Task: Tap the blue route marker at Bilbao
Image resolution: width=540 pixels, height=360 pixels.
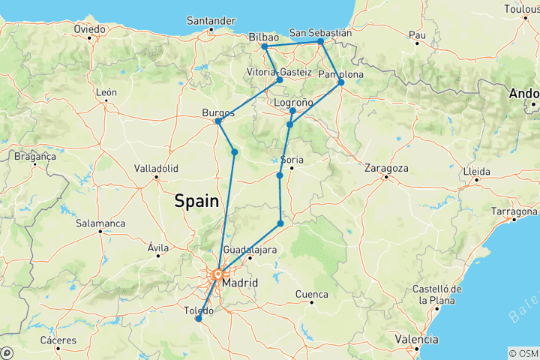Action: pos(265,46)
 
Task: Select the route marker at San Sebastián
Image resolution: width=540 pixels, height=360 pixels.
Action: pos(320,42)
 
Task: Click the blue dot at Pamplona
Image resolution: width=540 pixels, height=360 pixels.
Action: pos(341,82)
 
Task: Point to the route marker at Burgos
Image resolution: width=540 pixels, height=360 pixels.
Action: pos(218,121)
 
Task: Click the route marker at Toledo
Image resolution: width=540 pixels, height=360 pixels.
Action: pos(199,319)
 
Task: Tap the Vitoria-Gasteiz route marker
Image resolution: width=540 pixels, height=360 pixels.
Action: pos(280,79)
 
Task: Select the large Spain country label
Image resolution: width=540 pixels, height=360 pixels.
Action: pos(196,201)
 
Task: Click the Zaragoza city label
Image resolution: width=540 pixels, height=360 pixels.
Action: pos(387,168)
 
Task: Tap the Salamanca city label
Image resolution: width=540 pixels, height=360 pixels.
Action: pos(99,223)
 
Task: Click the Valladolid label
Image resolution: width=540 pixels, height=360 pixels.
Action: pos(155,168)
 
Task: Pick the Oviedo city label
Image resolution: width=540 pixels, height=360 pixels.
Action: pos(88,28)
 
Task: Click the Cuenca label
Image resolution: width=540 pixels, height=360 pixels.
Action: pos(312,293)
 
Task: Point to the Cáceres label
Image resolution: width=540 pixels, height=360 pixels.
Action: pos(58,340)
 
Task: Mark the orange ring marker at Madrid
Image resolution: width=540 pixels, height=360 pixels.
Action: pos(218,274)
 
